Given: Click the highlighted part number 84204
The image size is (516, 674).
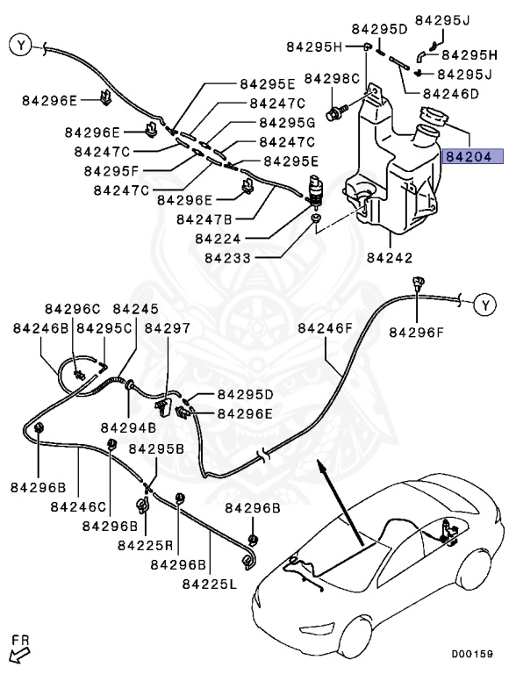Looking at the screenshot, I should point(473,158).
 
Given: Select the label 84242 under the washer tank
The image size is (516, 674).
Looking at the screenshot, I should point(389,259).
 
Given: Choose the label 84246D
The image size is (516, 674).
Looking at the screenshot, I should point(450,93).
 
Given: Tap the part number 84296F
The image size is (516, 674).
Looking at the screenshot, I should point(417,332).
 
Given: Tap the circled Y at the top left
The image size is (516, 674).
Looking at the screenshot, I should point(21,43).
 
